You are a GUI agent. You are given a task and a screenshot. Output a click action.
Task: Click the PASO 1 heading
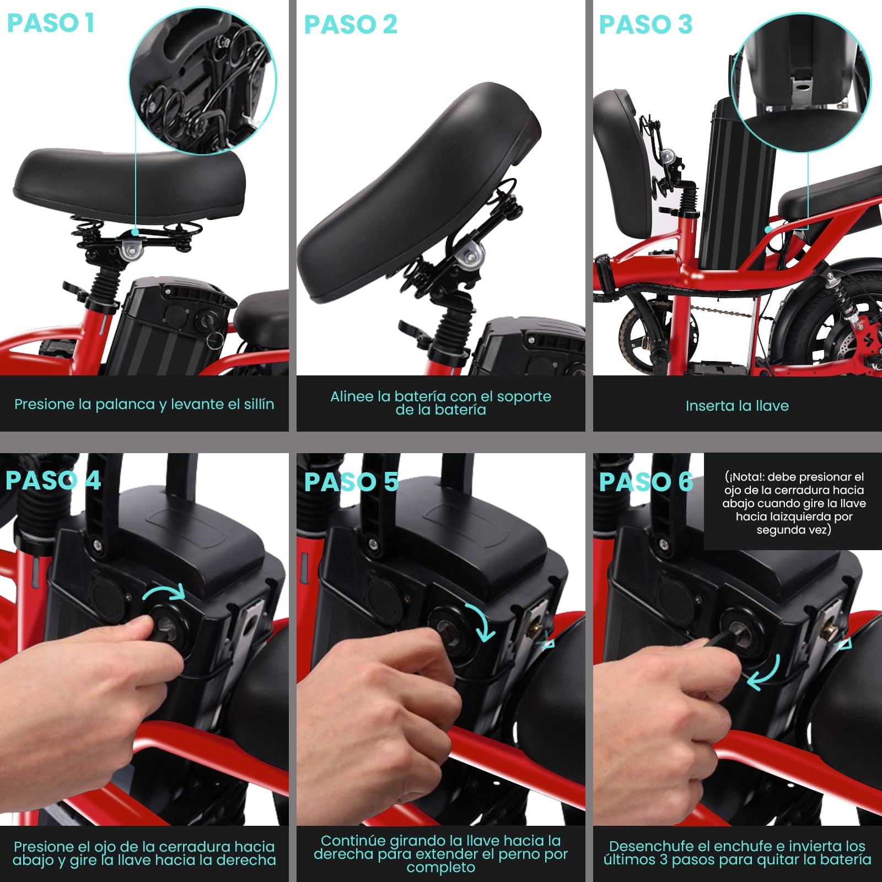(51, 23)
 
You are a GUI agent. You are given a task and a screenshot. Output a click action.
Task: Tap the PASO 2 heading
(351, 24)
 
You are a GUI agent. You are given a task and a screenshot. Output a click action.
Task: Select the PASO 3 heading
(646, 24)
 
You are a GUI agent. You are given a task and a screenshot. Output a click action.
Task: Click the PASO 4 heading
(53, 480)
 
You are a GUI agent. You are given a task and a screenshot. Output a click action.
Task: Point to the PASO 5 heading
(351, 482)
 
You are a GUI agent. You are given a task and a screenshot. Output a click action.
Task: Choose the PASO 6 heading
(646, 482)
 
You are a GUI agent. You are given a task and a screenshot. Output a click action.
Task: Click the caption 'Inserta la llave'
(737, 406)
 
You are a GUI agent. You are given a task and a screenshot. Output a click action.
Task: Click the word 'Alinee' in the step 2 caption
(352, 396)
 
